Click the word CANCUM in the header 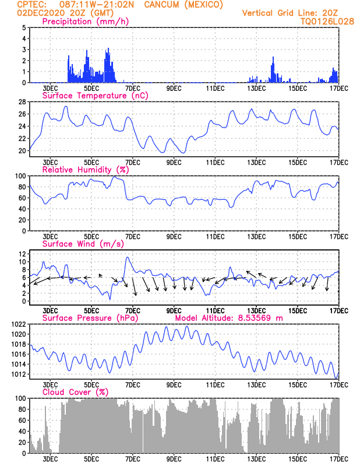(x=161, y=5)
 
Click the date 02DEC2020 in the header (x=41, y=13)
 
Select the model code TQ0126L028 (x=327, y=22)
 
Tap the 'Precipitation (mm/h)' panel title (x=86, y=22)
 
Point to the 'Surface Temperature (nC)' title (x=95, y=96)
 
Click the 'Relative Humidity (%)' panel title (x=86, y=170)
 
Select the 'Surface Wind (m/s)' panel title (x=83, y=244)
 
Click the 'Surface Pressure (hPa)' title (x=90, y=318)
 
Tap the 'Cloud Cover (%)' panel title (x=76, y=392)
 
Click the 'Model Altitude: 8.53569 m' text (x=229, y=318)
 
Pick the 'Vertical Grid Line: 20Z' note (x=290, y=13)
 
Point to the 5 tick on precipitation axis (x=24, y=27)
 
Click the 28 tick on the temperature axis (x=22, y=101)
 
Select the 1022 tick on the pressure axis (x=19, y=324)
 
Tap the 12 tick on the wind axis (x=23, y=254)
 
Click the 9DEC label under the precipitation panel (x=174, y=89)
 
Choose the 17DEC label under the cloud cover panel (x=339, y=459)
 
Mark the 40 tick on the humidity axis (x=22, y=209)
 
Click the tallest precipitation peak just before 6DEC (x=108, y=48)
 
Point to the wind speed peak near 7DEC (x=128, y=257)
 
